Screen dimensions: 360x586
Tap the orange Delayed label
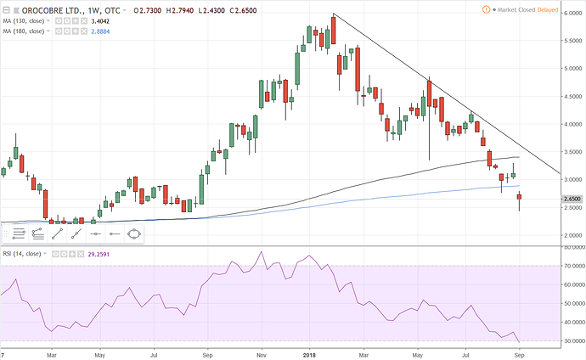[566, 9]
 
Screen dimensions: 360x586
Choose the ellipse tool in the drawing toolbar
[133, 233]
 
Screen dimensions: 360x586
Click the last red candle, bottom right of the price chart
[519, 199]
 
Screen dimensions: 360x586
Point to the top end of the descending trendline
[334, 14]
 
